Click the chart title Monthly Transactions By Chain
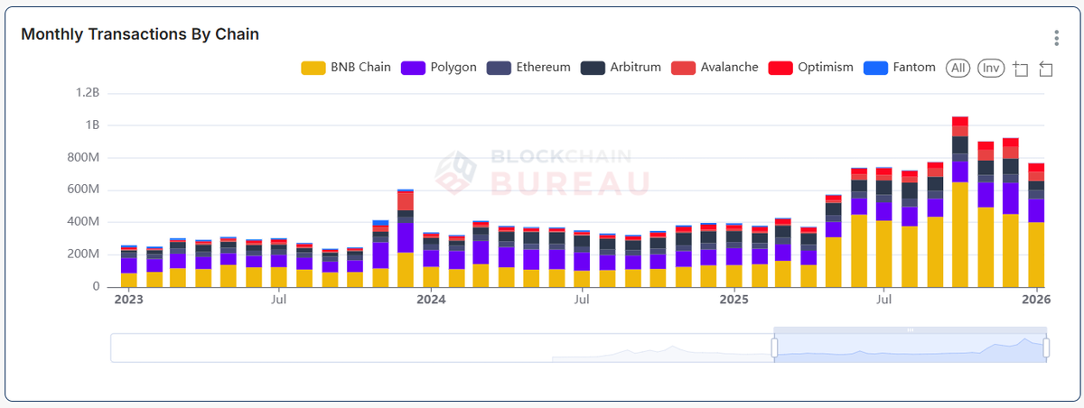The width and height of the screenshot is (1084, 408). (140, 34)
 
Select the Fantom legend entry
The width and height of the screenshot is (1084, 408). (900, 68)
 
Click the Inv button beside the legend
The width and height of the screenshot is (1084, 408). (991, 68)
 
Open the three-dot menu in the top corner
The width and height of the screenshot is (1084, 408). (1056, 38)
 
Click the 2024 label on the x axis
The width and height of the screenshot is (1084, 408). (432, 300)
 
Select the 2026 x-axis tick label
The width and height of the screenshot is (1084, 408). (1035, 300)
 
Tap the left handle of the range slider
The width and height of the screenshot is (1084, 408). (774, 348)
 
